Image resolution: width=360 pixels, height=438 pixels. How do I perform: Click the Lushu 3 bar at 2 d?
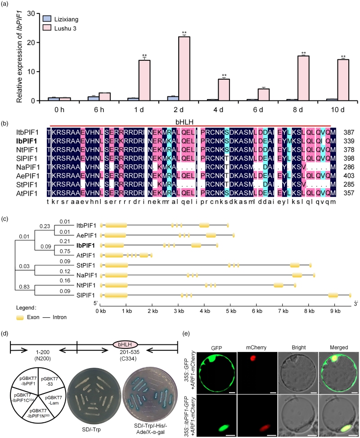(x=184, y=69)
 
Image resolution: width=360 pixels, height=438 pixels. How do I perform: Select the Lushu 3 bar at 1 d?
(x=144, y=81)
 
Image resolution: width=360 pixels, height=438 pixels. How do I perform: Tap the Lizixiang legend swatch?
(x=47, y=19)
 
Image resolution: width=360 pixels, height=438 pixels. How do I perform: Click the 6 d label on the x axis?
(x=258, y=109)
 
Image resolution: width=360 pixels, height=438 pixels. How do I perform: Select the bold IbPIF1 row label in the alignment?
(x=27, y=141)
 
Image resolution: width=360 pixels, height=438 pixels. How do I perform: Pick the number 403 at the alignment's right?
(x=349, y=176)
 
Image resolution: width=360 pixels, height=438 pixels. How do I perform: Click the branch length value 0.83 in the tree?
(x=24, y=287)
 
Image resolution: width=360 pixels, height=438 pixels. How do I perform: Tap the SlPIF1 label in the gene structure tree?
(x=85, y=295)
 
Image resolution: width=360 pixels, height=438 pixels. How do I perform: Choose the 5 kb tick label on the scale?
(x=231, y=311)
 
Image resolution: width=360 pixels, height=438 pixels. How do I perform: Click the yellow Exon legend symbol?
(x=20, y=318)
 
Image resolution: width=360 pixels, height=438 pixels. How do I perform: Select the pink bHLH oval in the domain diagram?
(x=126, y=344)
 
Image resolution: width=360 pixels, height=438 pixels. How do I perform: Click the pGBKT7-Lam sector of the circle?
(x=54, y=400)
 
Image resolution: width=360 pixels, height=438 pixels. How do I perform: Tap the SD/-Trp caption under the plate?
(x=91, y=429)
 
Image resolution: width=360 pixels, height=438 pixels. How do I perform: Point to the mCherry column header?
(x=256, y=348)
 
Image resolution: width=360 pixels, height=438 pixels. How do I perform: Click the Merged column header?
(x=339, y=348)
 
